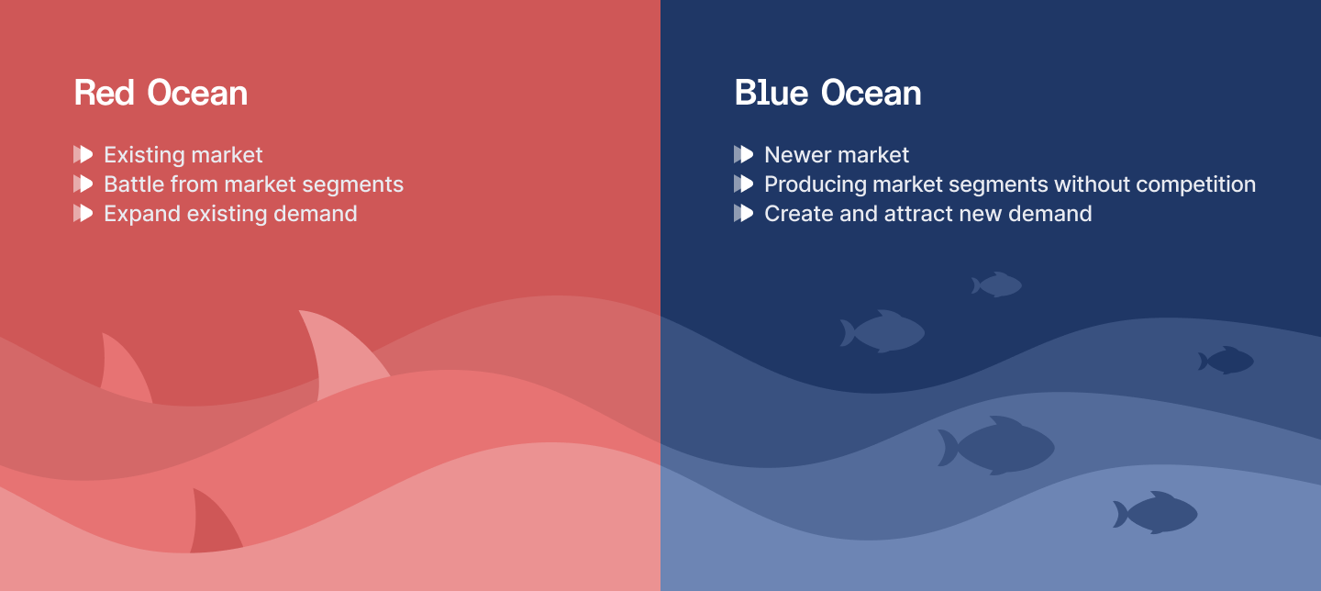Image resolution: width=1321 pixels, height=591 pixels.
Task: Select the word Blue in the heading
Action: (x=771, y=93)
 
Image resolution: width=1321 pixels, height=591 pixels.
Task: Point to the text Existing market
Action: (x=183, y=155)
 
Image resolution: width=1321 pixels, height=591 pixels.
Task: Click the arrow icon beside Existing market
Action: (x=83, y=155)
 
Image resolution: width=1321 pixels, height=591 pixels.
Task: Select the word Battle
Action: (x=134, y=184)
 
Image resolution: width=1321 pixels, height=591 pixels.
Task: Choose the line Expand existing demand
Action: (x=230, y=214)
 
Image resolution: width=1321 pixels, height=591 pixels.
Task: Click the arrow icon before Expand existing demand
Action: (x=83, y=214)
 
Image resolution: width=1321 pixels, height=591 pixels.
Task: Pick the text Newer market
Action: (x=837, y=155)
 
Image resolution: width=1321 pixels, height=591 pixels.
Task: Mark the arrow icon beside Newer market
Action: (x=744, y=155)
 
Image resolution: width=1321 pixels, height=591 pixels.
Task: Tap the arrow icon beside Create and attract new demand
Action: (x=744, y=214)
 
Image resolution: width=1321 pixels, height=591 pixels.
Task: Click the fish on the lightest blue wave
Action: (x=1158, y=513)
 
